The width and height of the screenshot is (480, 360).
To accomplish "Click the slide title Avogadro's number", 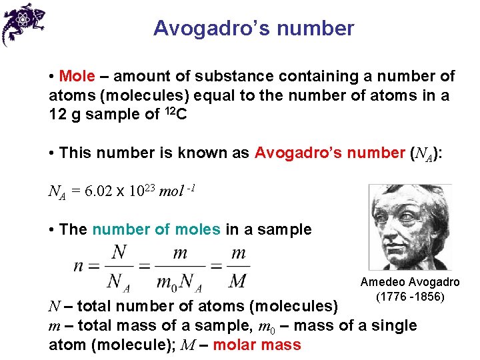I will [x=253, y=29].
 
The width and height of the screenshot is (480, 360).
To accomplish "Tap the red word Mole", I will [x=77, y=77].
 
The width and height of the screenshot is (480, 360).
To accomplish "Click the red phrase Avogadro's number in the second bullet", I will [x=329, y=153].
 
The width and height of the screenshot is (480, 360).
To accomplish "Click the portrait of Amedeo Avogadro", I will [x=410, y=227].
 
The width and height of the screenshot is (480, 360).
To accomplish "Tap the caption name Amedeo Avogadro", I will [x=410, y=283].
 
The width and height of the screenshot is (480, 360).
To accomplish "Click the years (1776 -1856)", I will [x=410, y=297].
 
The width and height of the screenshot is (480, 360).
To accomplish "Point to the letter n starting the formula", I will [x=79, y=267].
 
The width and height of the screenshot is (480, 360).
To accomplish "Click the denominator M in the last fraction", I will [x=238, y=281].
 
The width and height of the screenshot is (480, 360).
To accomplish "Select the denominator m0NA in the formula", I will [x=178, y=282].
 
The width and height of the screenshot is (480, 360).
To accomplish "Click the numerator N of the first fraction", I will [x=119, y=253].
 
